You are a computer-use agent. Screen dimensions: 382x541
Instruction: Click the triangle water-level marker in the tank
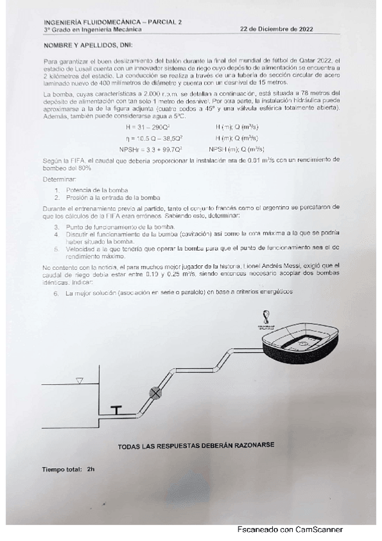pyautogui.click(x=79, y=381)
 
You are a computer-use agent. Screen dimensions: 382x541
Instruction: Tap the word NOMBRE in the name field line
pyautogui.click(x=58, y=46)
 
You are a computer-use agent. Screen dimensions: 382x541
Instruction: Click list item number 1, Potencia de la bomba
pyautogui.click(x=96, y=190)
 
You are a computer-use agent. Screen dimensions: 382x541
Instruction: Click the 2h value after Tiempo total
pyautogui.click(x=91, y=469)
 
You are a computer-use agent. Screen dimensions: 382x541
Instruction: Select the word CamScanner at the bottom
pyautogui.click(x=319, y=530)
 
